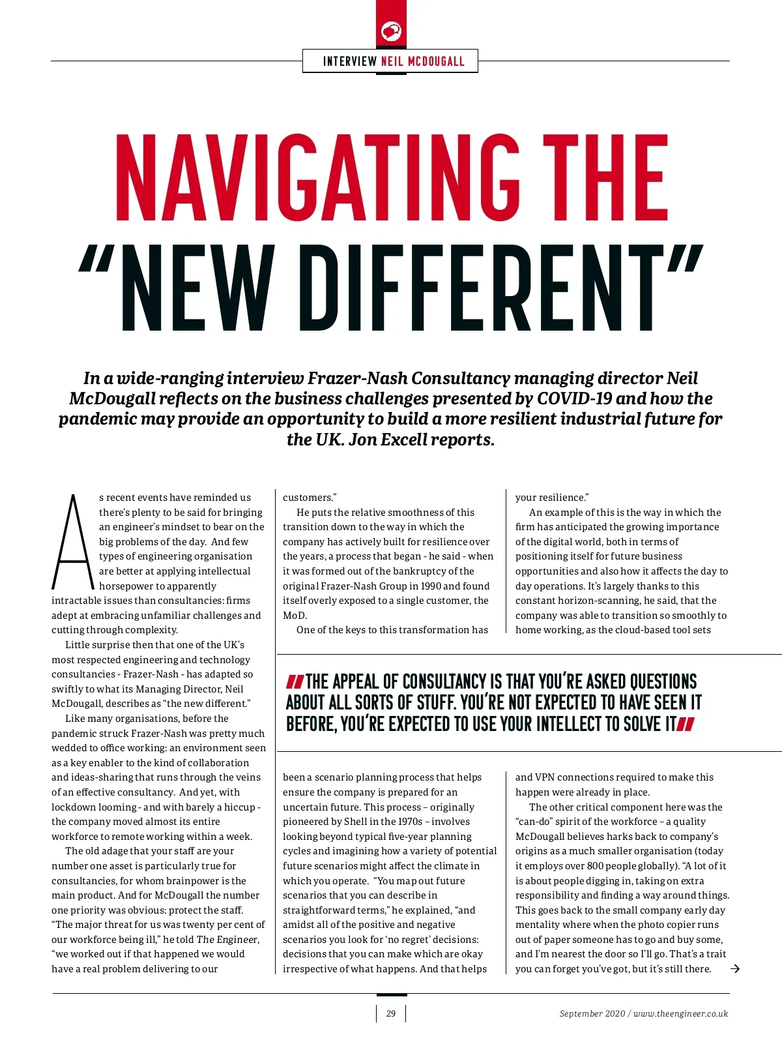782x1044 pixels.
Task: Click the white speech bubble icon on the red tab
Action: (x=391, y=31)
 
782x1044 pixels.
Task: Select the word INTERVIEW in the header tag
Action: (x=350, y=61)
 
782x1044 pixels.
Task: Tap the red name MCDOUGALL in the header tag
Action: (x=436, y=61)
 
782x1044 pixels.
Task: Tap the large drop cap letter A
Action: (x=73, y=543)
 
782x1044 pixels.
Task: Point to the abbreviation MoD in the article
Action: (x=293, y=616)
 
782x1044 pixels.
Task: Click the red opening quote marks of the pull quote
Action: (x=295, y=682)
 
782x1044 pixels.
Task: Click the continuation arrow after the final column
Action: (x=735, y=969)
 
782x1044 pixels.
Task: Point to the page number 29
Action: (x=391, y=1013)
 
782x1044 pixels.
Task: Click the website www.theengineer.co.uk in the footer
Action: (x=680, y=1014)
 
